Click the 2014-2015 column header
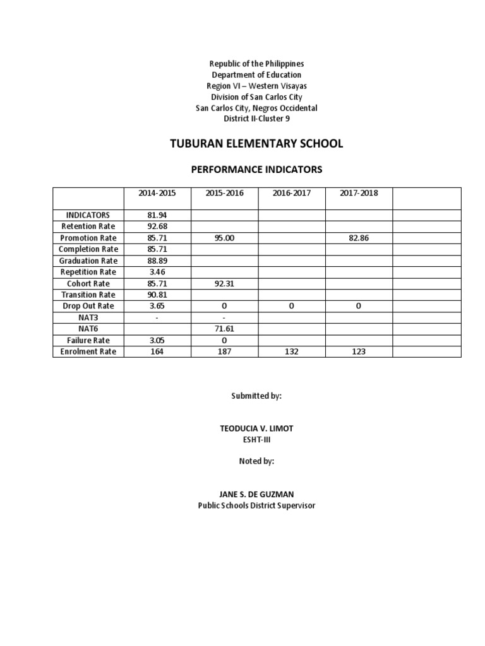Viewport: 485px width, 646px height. [x=157, y=193]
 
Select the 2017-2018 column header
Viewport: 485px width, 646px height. [x=358, y=193]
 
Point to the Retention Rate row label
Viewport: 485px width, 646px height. [x=88, y=226]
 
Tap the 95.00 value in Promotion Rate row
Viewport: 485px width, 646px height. [x=224, y=238]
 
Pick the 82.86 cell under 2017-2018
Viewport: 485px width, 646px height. [x=358, y=238]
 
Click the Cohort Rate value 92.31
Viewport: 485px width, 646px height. [x=224, y=283]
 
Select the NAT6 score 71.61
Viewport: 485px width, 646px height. [x=224, y=329]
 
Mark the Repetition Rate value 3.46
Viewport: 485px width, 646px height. [x=157, y=272]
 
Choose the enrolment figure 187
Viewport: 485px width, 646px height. [x=224, y=351]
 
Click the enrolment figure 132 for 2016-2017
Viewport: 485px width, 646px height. [x=291, y=351]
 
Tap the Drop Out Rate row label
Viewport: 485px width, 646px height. [x=88, y=306]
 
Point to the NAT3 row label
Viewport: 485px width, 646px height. [x=88, y=317]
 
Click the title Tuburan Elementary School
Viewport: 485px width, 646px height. [x=256, y=144]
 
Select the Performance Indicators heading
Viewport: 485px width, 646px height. [x=256, y=170]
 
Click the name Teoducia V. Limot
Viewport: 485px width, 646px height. [x=256, y=428]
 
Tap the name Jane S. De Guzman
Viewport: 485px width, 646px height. [x=256, y=495]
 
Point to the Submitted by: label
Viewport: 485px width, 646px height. [x=256, y=396]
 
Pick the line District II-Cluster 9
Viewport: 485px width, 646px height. [x=256, y=119]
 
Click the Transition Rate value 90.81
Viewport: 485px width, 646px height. [x=157, y=295]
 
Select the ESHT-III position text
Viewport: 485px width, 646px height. [x=256, y=440]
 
